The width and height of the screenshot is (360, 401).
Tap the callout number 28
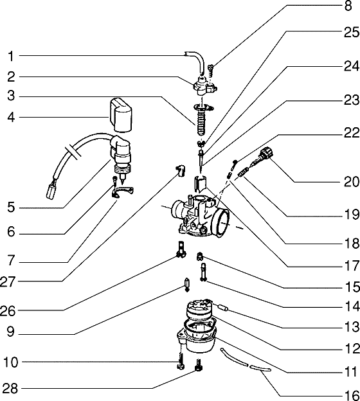[x=10, y=389]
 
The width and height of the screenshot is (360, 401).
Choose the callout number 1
[x=11, y=55]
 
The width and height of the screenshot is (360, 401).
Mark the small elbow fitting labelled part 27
[x=181, y=170]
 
